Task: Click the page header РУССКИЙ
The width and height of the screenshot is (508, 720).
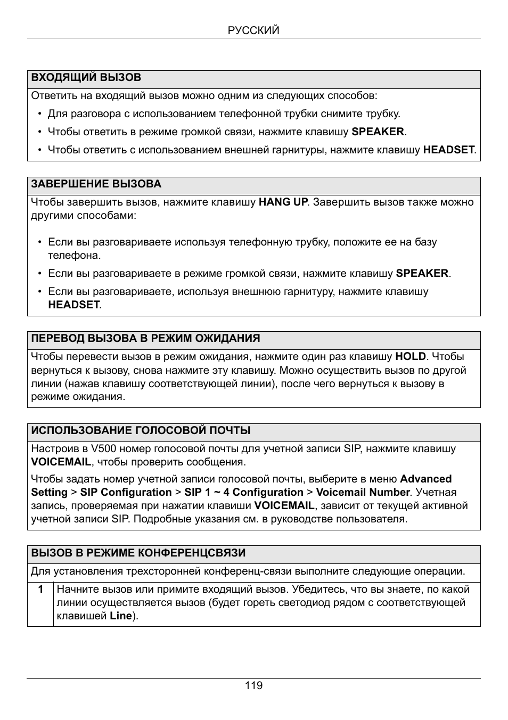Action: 253,30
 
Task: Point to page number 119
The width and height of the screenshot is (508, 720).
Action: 253,685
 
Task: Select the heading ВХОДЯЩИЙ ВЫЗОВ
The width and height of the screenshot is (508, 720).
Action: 86,78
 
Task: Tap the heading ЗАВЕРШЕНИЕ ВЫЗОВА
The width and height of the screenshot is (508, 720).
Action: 96,184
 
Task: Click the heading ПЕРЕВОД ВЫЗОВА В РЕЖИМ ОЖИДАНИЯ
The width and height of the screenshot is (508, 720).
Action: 145,339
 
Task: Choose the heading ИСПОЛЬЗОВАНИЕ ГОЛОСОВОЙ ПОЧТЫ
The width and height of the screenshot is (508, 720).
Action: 141,431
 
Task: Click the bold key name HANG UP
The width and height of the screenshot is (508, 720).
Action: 283,202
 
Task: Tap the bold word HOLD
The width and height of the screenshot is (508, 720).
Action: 411,357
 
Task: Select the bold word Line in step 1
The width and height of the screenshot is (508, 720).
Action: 121,616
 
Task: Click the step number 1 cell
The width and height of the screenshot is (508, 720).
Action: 40,590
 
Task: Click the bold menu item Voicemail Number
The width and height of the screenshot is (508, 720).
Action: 363,493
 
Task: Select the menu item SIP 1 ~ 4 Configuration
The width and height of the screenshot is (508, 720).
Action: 244,493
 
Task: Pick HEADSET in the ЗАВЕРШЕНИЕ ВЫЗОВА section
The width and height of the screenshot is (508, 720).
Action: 74,305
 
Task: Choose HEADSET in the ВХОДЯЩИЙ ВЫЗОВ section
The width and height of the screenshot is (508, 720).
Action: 448,150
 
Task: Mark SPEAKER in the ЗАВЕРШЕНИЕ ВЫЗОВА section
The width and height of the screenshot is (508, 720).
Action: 422,274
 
